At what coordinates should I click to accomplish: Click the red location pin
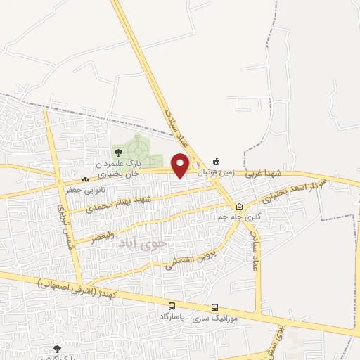[x=181, y=165]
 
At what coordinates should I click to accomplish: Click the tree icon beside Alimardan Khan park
[x=117, y=151]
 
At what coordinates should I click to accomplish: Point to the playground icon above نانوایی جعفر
[x=85, y=179]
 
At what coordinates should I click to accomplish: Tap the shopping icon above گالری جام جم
[x=239, y=207]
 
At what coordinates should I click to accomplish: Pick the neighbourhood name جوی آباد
[x=145, y=244]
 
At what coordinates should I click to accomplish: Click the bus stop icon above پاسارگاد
[x=172, y=307]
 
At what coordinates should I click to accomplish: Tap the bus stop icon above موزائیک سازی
[x=215, y=307]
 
